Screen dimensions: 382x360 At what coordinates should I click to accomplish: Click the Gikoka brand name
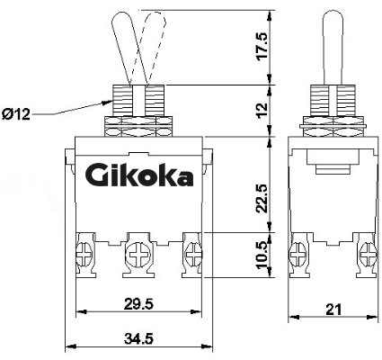click(x=139, y=176)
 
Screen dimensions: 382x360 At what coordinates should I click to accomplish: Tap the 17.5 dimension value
click(x=262, y=47)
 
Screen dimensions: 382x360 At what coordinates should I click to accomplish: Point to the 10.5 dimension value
click(x=262, y=255)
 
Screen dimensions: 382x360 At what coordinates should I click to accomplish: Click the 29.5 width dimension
click(x=138, y=304)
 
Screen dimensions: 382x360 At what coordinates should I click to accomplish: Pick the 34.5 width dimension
click(x=138, y=339)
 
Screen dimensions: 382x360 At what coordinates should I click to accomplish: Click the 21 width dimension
click(x=333, y=310)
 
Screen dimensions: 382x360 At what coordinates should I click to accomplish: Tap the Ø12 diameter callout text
click(x=16, y=114)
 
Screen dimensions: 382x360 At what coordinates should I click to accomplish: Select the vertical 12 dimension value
click(x=262, y=111)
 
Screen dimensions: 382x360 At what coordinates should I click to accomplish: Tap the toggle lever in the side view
click(x=333, y=48)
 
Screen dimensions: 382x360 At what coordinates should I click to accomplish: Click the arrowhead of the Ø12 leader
click(x=107, y=102)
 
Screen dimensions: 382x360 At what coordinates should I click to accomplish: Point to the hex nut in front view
click(x=138, y=126)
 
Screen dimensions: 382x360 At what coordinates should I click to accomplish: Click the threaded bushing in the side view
click(x=333, y=101)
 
